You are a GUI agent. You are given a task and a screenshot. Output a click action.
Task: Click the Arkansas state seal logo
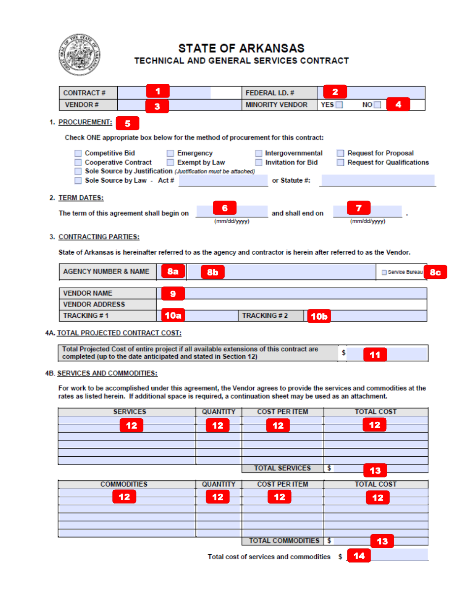tap(78, 55)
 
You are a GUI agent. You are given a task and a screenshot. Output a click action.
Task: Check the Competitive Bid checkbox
tap(78, 153)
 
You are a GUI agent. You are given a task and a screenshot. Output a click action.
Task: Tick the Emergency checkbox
tap(170, 153)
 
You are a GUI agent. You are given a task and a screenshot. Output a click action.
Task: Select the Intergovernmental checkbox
tap(259, 153)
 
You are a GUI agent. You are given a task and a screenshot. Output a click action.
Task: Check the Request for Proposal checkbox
tap(340, 153)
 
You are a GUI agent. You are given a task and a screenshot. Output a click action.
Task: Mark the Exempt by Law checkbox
tap(170, 162)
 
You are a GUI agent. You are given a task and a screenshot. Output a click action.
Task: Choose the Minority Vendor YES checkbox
tap(339, 105)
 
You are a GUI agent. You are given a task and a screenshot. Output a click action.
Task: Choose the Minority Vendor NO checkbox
tap(377, 105)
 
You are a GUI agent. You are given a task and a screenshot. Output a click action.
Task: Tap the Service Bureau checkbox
tap(384, 272)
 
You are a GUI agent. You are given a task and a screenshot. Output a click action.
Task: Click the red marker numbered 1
tap(158, 91)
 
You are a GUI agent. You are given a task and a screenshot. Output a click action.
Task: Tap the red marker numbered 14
tap(359, 556)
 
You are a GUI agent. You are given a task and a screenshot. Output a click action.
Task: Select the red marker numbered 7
tap(359, 208)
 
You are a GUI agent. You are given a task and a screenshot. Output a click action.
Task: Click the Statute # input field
tap(377, 180)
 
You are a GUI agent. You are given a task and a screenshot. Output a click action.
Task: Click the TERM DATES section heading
tap(81, 198)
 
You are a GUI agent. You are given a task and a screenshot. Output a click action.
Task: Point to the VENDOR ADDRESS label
tap(94, 304)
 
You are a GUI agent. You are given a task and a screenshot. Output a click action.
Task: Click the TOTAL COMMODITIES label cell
tap(284, 540)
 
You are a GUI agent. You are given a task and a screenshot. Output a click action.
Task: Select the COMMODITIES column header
tap(124, 484)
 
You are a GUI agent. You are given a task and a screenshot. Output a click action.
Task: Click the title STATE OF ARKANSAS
tap(241, 48)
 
